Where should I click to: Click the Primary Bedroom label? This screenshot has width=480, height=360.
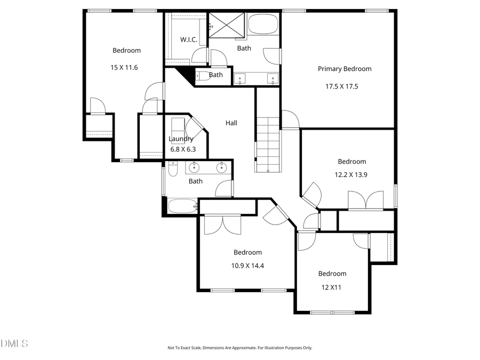[x=345, y=69]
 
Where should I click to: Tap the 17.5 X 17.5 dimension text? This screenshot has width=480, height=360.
[x=345, y=86]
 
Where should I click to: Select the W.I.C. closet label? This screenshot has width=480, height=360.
[x=189, y=39]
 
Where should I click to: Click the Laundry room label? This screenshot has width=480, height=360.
[x=181, y=139]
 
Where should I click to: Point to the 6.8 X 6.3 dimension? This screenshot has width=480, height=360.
[x=183, y=149]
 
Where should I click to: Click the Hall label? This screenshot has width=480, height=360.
[x=231, y=123]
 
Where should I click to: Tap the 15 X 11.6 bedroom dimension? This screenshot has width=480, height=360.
[x=126, y=68]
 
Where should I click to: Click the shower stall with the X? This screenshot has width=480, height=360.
[x=227, y=25]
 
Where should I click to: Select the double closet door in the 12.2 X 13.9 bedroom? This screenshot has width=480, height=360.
[x=365, y=201]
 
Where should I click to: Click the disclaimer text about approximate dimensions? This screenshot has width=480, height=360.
[x=240, y=348]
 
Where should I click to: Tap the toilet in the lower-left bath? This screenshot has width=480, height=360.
[x=173, y=169]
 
